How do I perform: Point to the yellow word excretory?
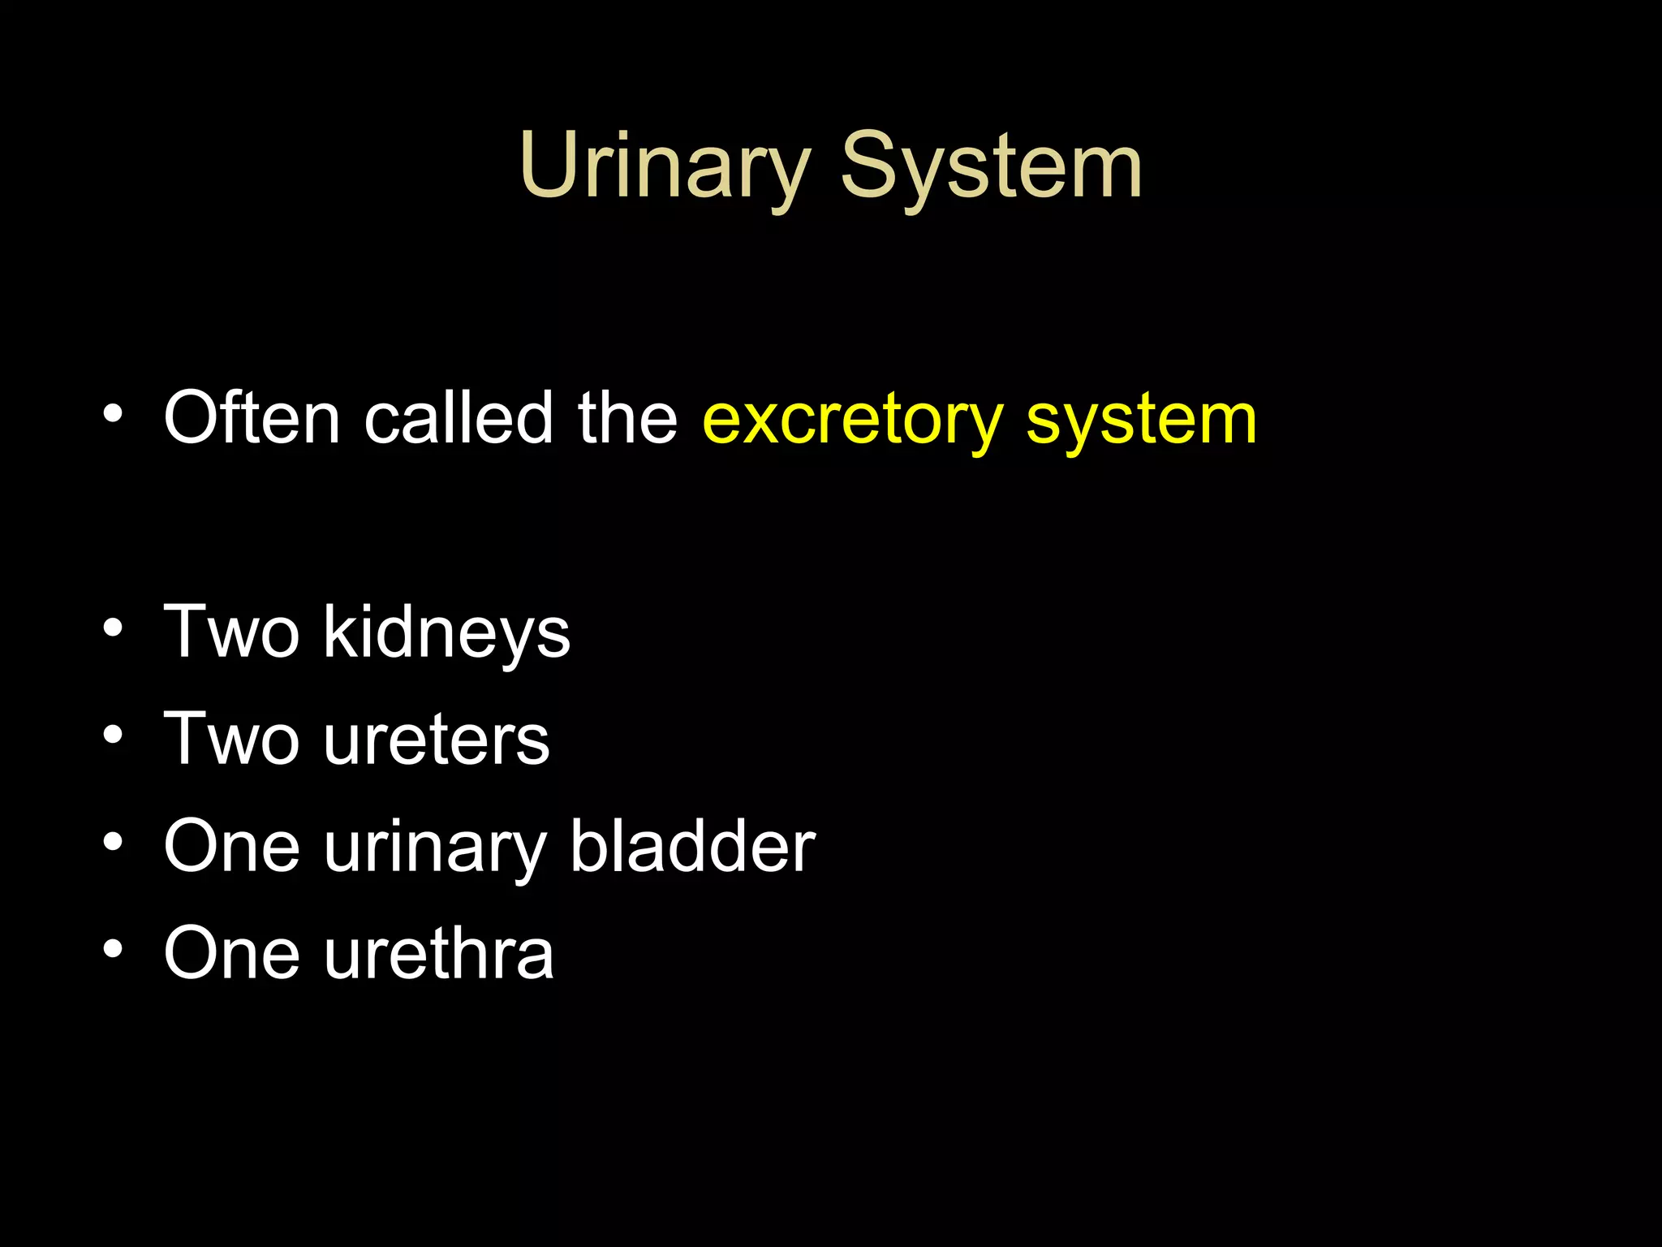click(853, 421)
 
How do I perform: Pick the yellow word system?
click(1141, 421)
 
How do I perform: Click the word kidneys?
click(446, 633)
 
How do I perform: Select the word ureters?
click(437, 740)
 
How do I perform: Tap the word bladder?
click(692, 846)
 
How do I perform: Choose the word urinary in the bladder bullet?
click(435, 849)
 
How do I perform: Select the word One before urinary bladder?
click(232, 846)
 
